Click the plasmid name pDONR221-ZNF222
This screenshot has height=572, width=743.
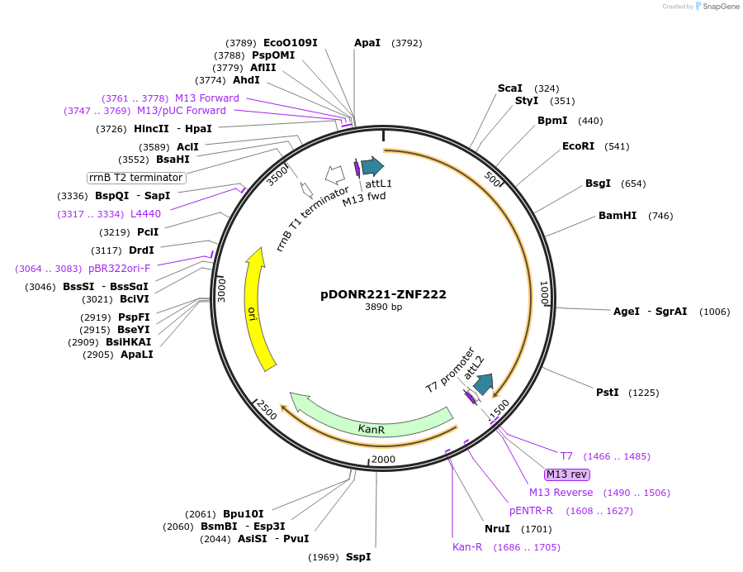[383, 294]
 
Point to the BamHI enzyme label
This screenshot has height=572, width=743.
[618, 216]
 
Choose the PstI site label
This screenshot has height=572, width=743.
[607, 392]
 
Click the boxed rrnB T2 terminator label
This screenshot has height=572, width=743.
[136, 177]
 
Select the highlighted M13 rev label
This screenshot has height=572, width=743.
[566, 474]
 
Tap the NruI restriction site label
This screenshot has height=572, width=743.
[497, 529]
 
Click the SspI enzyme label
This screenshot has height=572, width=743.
[358, 556]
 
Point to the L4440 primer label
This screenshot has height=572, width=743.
[145, 214]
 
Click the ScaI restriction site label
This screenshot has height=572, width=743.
[509, 88]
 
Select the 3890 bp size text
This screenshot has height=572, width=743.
[383, 307]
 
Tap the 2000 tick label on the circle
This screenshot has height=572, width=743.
[383, 460]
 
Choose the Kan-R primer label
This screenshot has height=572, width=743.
[466, 546]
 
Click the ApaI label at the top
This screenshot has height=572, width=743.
[367, 42]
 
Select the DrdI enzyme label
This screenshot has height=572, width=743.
[141, 250]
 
